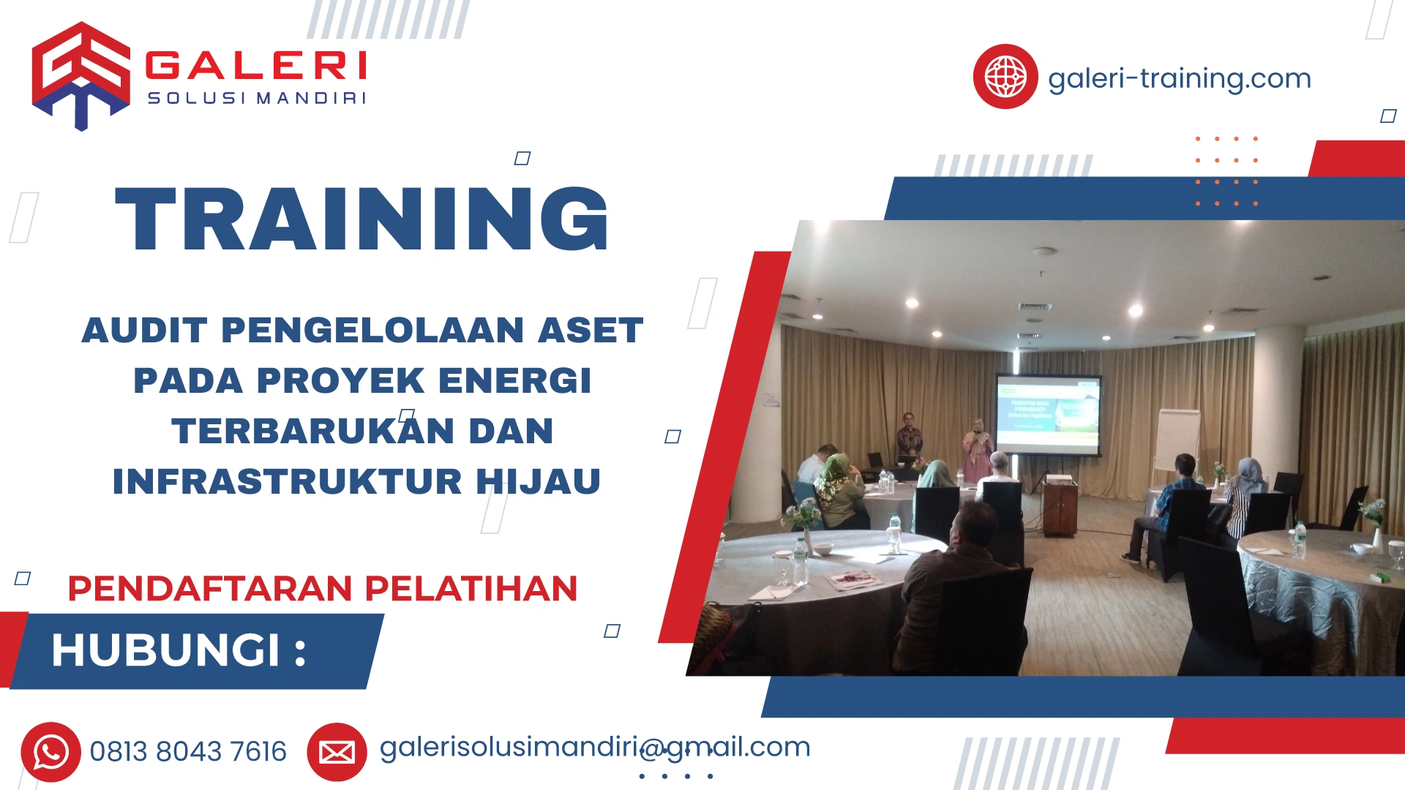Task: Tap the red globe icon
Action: [1005, 77]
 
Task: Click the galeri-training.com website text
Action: [1179, 78]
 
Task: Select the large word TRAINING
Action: [362, 219]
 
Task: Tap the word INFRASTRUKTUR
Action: [287, 481]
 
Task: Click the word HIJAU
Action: [539, 481]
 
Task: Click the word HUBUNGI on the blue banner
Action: [165, 650]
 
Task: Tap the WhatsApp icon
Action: [50, 752]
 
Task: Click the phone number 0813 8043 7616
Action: [188, 752]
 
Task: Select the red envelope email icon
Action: [337, 752]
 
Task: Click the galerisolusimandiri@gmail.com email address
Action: [594, 747]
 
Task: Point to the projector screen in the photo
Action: [1048, 414]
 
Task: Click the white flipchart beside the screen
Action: [1177, 439]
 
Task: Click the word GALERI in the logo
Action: [256, 66]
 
